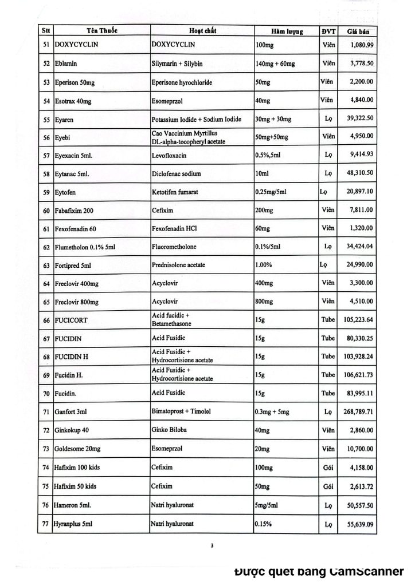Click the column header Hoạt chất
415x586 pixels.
click(x=203, y=30)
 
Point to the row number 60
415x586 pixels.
click(x=46, y=211)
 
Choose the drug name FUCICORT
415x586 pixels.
click(x=71, y=320)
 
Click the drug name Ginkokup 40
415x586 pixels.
click(x=73, y=430)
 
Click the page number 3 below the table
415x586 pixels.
click(x=212, y=545)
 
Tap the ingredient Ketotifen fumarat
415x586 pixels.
click(x=175, y=192)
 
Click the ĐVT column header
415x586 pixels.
click(x=328, y=31)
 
